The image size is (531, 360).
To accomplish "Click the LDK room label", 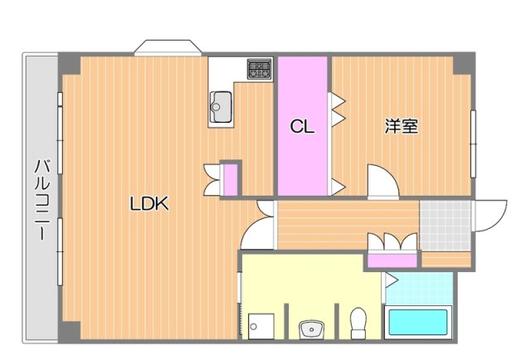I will click(x=149, y=203).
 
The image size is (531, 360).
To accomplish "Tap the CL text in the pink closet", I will click(x=301, y=127).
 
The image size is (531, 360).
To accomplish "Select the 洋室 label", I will click(x=401, y=127).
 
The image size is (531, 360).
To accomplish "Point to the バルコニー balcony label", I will click(x=39, y=199).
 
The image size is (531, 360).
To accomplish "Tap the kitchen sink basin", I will click(x=222, y=106).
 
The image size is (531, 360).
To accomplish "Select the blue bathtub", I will click(x=418, y=323).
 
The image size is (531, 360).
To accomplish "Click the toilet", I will click(x=359, y=324).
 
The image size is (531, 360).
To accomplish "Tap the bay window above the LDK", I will click(x=167, y=46).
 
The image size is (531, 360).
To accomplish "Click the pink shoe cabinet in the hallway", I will click(x=392, y=260).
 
